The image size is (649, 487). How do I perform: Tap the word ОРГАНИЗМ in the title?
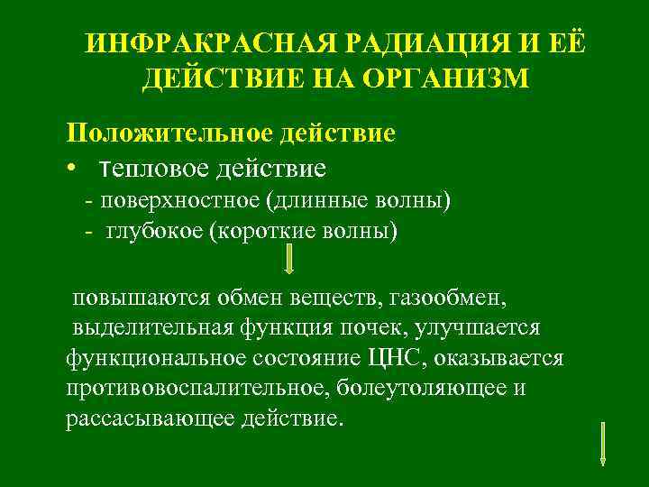pos(447,79)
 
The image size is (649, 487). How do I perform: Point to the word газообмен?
pos(436,297)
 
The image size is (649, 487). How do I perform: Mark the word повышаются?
pos(141,297)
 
